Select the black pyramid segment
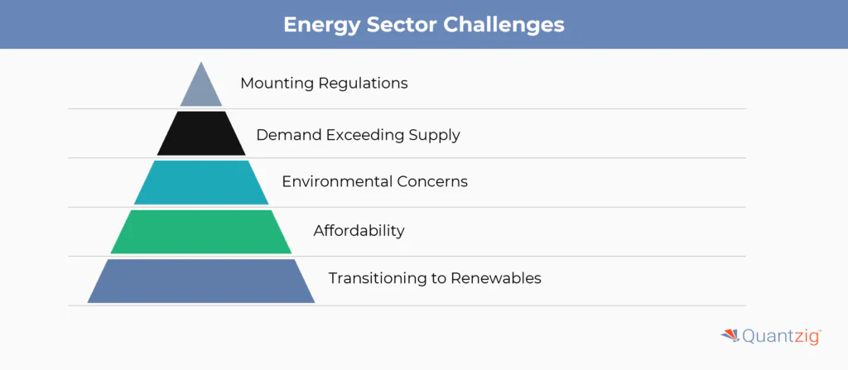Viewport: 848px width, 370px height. [201, 133]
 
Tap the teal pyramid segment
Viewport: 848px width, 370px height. [201, 182]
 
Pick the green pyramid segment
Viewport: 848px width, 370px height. [201, 232]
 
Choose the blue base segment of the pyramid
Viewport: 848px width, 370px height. [201, 281]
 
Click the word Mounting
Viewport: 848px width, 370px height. [277, 84]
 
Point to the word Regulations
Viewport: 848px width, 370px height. [363, 84]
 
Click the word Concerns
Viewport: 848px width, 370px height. [431, 181]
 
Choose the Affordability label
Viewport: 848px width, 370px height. [359, 231]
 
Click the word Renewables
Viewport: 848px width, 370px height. [496, 278]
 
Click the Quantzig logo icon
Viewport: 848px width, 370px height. [730, 335]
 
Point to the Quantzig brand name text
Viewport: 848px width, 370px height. [782, 336]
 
